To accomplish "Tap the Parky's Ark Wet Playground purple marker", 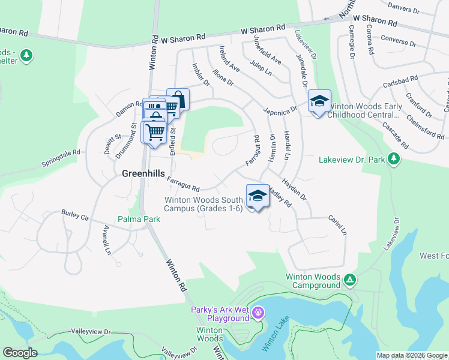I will (x=259, y=313).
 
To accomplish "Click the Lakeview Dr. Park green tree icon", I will (x=394, y=159).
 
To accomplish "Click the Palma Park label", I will (x=139, y=220).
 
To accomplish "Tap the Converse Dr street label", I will (x=398, y=43).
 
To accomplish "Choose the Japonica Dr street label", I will (x=280, y=110).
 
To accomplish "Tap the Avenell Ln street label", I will (x=107, y=240).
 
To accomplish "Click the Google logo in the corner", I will (x=20, y=352).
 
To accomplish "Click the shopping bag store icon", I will (x=178, y=98).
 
